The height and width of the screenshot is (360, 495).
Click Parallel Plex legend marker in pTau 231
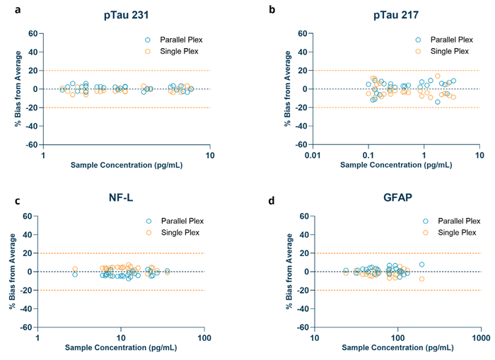click(x=148, y=40)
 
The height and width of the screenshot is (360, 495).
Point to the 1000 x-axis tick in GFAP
click(x=481, y=338)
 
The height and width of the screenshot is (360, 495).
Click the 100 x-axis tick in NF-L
click(x=204, y=338)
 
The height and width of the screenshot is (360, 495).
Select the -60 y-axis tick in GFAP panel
click(x=301, y=327)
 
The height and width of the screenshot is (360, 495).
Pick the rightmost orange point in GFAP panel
click(x=422, y=279)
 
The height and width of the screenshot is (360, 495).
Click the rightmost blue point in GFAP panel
click(x=422, y=265)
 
